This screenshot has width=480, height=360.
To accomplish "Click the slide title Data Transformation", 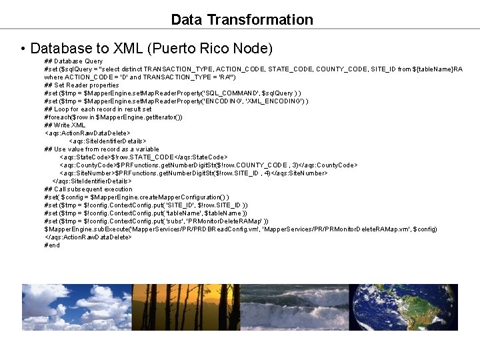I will [x=241, y=20].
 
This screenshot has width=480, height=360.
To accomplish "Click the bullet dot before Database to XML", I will [x=23, y=49].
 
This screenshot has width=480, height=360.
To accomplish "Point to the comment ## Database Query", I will [x=73, y=61].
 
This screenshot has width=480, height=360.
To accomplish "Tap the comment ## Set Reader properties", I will [x=81, y=85].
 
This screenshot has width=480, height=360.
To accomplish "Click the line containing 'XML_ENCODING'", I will [x=176, y=101].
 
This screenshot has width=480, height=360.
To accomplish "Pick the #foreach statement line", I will [x=113, y=117].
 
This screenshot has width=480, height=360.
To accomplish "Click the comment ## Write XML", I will [x=65, y=125].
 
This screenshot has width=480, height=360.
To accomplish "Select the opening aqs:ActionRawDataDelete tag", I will [x=87, y=133].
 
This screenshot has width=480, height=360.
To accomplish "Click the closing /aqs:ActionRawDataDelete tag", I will [x=88, y=237].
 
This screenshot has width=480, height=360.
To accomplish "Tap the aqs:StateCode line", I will [x=148, y=157].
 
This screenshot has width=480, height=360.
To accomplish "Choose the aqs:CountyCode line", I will [x=208, y=165].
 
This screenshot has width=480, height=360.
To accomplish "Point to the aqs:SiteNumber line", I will [x=193, y=173].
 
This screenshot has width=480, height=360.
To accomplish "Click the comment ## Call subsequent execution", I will [x=89, y=189].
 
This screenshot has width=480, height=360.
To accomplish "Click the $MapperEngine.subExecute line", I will [x=240, y=229].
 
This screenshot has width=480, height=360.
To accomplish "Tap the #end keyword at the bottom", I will [x=52, y=245].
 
